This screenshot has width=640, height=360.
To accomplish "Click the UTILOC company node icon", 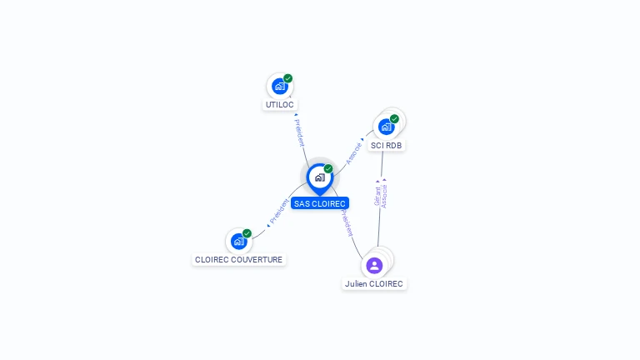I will [279, 86].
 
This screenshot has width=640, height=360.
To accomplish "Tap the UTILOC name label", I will [280, 105].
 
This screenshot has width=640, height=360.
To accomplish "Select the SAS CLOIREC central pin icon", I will [319, 177].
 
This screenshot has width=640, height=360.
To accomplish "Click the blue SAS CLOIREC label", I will [320, 203].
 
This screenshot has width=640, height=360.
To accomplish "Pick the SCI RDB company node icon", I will [386, 127].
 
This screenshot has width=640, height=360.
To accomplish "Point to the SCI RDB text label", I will [387, 145].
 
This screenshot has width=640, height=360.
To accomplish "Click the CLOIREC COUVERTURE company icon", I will [239, 242].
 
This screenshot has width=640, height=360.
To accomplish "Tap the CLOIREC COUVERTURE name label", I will [239, 260].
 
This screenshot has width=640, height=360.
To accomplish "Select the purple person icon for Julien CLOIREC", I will [374, 266].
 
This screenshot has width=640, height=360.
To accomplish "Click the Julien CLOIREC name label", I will [374, 284].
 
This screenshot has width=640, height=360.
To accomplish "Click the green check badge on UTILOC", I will [288, 78].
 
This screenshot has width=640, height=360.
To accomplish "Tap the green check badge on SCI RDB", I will [394, 119].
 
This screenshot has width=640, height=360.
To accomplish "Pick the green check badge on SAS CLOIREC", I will [328, 169].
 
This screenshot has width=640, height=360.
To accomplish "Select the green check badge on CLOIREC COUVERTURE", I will [247, 234].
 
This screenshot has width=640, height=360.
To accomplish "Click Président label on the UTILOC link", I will [299, 132].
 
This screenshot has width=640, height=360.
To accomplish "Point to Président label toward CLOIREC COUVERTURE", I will [278, 212].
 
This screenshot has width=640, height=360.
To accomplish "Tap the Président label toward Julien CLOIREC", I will [346, 222].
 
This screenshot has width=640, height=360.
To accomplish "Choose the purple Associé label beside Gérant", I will [384, 193].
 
